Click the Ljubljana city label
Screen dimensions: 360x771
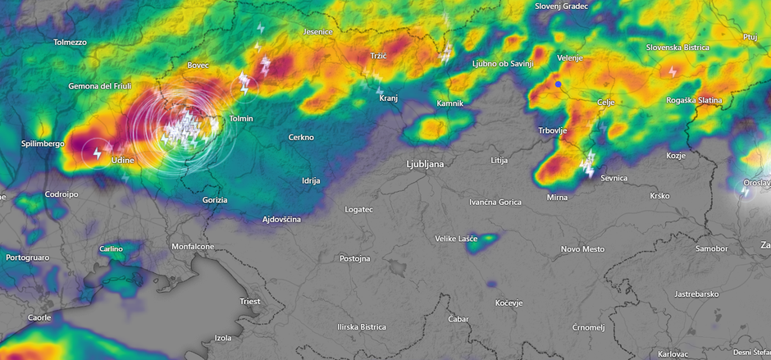(x=425, y=164)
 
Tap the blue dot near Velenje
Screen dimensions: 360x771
(x=558, y=84)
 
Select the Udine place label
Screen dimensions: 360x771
(x=121, y=161)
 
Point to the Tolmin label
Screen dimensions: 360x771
(x=242, y=119)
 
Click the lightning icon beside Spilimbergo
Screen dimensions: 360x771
(x=97, y=153)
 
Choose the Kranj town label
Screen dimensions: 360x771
(x=389, y=98)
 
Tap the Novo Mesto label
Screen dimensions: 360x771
(x=582, y=248)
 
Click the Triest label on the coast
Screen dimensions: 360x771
(x=250, y=301)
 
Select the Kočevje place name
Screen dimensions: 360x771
(x=509, y=303)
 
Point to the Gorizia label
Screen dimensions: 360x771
(x=215, y=199)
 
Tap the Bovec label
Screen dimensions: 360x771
(x=198, y=65)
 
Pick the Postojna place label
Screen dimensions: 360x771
(x=355, y=258)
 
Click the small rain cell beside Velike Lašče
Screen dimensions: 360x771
(x=489, y=239)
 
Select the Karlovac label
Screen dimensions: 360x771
(x=673, y=353)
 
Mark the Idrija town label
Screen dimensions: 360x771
(x=311, y=180)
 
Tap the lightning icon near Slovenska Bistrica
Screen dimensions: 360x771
(x=673, y=71)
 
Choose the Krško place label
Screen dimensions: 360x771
(x=659, y=196)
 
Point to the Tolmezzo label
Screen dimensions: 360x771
(x=70, y=42)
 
